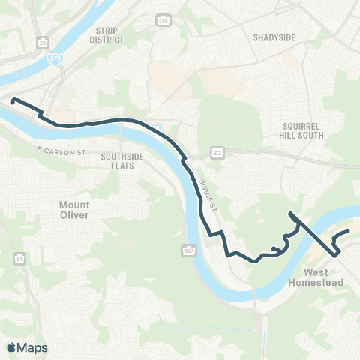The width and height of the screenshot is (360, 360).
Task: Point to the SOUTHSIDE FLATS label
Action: click(118, 161)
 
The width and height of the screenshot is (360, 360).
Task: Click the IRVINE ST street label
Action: click(204, 196)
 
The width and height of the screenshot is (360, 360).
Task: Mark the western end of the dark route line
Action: click(13, 99)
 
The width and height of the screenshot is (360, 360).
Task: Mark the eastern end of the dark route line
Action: click(349, 232)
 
